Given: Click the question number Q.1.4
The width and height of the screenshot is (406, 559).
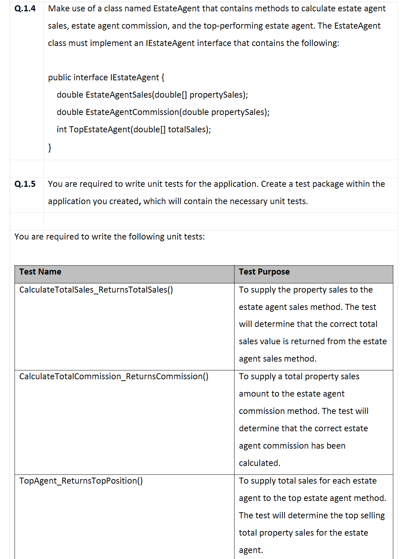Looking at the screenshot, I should [25, 8].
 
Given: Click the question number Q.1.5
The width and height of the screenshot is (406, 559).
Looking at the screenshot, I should [25, 184].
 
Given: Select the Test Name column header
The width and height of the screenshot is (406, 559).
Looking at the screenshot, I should [40, 272].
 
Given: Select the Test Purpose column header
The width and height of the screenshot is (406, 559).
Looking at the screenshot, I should [264, 272].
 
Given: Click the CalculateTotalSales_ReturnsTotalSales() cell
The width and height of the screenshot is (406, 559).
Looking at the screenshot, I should [96, 290].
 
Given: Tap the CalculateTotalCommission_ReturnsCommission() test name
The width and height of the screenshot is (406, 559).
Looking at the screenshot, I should [114, 376].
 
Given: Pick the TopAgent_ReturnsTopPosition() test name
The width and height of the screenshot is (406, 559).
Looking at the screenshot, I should [81, 481].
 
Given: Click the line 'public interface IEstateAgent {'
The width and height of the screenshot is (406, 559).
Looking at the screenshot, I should [106, 77].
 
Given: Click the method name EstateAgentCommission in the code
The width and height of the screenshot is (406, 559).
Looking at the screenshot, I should [132, 112].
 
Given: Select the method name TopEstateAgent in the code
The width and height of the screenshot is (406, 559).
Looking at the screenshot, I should [100, 129].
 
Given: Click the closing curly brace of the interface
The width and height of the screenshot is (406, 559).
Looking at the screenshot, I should [50, 147].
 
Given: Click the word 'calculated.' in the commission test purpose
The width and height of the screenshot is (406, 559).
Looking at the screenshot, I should [259, 463].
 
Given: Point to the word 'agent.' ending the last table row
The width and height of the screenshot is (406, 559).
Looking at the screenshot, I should [251, 550].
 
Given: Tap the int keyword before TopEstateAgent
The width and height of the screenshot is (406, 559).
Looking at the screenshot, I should [61, 129].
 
